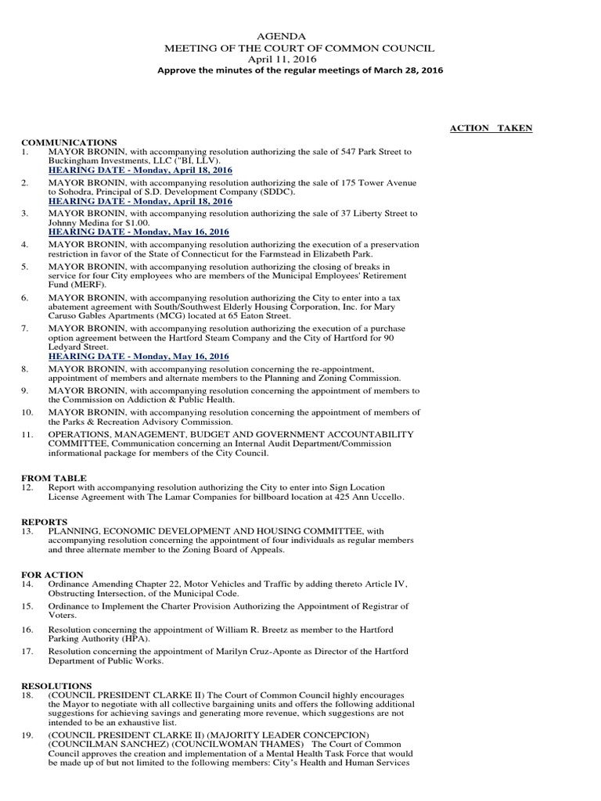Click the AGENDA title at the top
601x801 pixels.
point(276,36)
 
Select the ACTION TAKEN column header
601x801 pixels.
point(491,128)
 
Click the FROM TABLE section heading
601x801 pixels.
point(54,478)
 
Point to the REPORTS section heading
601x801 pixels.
point(45,521)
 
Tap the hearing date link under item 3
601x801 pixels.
point(139,232)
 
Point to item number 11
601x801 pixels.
point(27,434)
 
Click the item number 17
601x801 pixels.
point(27,651)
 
